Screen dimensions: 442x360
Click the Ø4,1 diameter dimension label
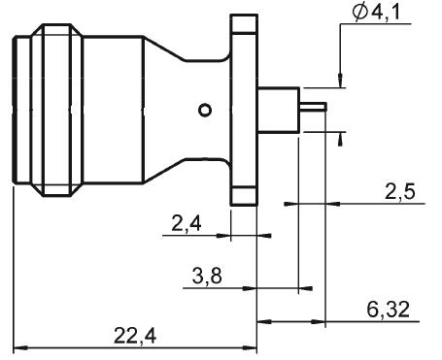[377, 13]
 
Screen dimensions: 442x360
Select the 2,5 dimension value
[399, 192]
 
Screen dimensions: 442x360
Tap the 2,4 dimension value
[186, 223]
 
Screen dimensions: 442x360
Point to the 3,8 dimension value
[207, 276]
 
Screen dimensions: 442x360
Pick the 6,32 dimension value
[388, 310]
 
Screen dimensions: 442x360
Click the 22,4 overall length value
[135, 336]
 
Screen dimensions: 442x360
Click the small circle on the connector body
[205, 110]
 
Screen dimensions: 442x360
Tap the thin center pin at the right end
[314, 107]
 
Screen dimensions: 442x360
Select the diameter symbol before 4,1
[360, 13]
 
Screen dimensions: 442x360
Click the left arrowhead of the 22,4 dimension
[20, 348]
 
